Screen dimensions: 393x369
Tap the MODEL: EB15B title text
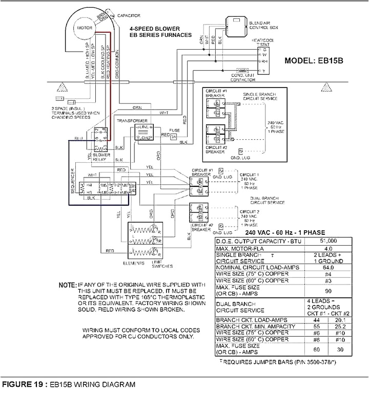point(313,60)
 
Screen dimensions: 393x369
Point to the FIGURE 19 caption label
point(23,384)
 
